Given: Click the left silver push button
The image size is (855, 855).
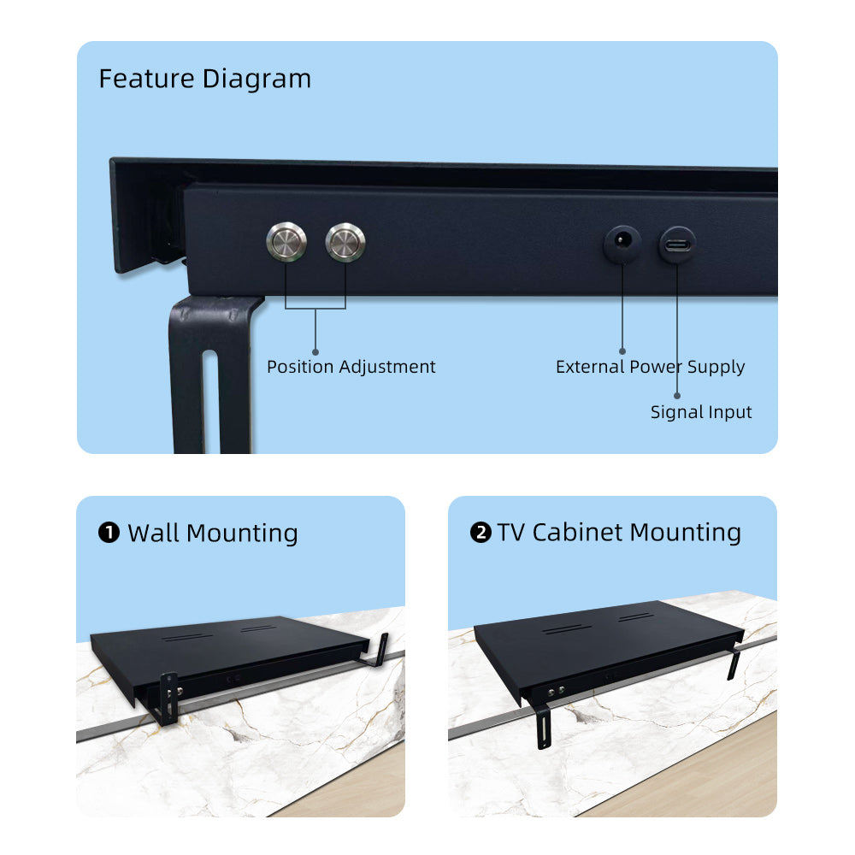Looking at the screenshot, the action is [x=286, y=242].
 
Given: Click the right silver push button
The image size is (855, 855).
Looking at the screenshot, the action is [x=345, y=242].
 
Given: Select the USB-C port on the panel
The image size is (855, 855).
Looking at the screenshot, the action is [x=677, y=245].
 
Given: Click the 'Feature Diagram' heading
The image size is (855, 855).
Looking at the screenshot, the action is [x=205, y=79].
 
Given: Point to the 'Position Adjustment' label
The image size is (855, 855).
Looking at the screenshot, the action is [x=351, y=367].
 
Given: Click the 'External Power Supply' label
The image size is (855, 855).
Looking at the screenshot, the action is [x=650, y=367].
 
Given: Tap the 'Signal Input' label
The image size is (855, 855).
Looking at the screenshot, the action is [x=701, y=412].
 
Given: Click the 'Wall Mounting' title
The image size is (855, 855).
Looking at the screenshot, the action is [x=213, y=534].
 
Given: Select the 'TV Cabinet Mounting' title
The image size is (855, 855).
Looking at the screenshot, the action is [x=619, y=533].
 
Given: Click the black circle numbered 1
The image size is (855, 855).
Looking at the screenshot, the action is [x=109, y=533].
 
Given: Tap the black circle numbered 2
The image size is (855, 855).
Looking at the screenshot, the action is [x=481, y=532].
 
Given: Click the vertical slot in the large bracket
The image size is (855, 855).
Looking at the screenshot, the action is [x=210, y=401].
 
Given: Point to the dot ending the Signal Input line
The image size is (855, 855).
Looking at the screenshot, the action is [x=677, y=396].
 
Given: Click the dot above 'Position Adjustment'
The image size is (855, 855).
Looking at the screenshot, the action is [x=315, y=352].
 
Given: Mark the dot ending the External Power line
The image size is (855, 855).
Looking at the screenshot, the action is [x=622, y=351].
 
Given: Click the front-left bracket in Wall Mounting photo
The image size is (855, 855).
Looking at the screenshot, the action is [x=168, y=699].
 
